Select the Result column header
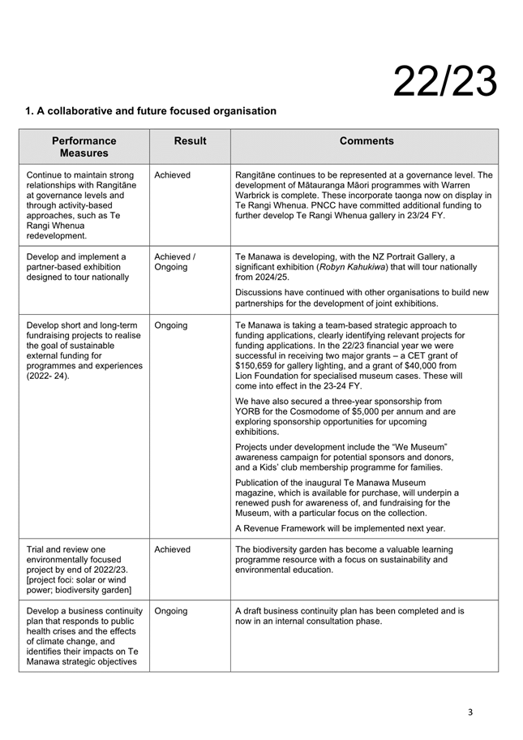[x=190, y=141]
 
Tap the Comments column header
[x=367, y=141]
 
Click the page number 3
[x=470, y=712]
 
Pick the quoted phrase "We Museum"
[x=419, y=446]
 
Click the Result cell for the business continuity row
[x=171, y=610]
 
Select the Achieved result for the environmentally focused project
[x=172, y=549]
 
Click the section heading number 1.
[x=29, y=111]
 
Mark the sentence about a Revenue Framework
[x=340, y=528]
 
